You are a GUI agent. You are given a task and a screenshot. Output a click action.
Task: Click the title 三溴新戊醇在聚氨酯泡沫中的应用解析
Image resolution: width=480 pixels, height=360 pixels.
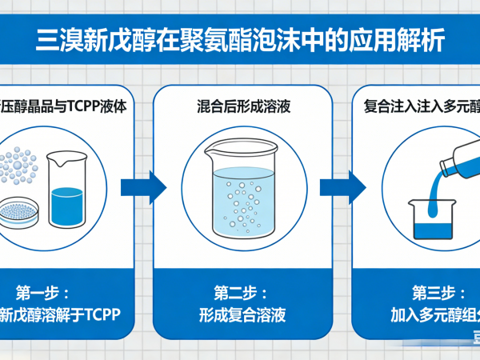click(240, 40)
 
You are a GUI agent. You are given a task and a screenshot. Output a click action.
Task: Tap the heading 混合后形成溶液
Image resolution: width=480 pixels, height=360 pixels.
click(242, 105)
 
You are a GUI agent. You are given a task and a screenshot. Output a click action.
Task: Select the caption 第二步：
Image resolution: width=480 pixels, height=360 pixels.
click(241, 291)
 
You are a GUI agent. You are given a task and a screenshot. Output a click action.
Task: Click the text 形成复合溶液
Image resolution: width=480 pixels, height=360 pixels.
click(242, 313)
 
